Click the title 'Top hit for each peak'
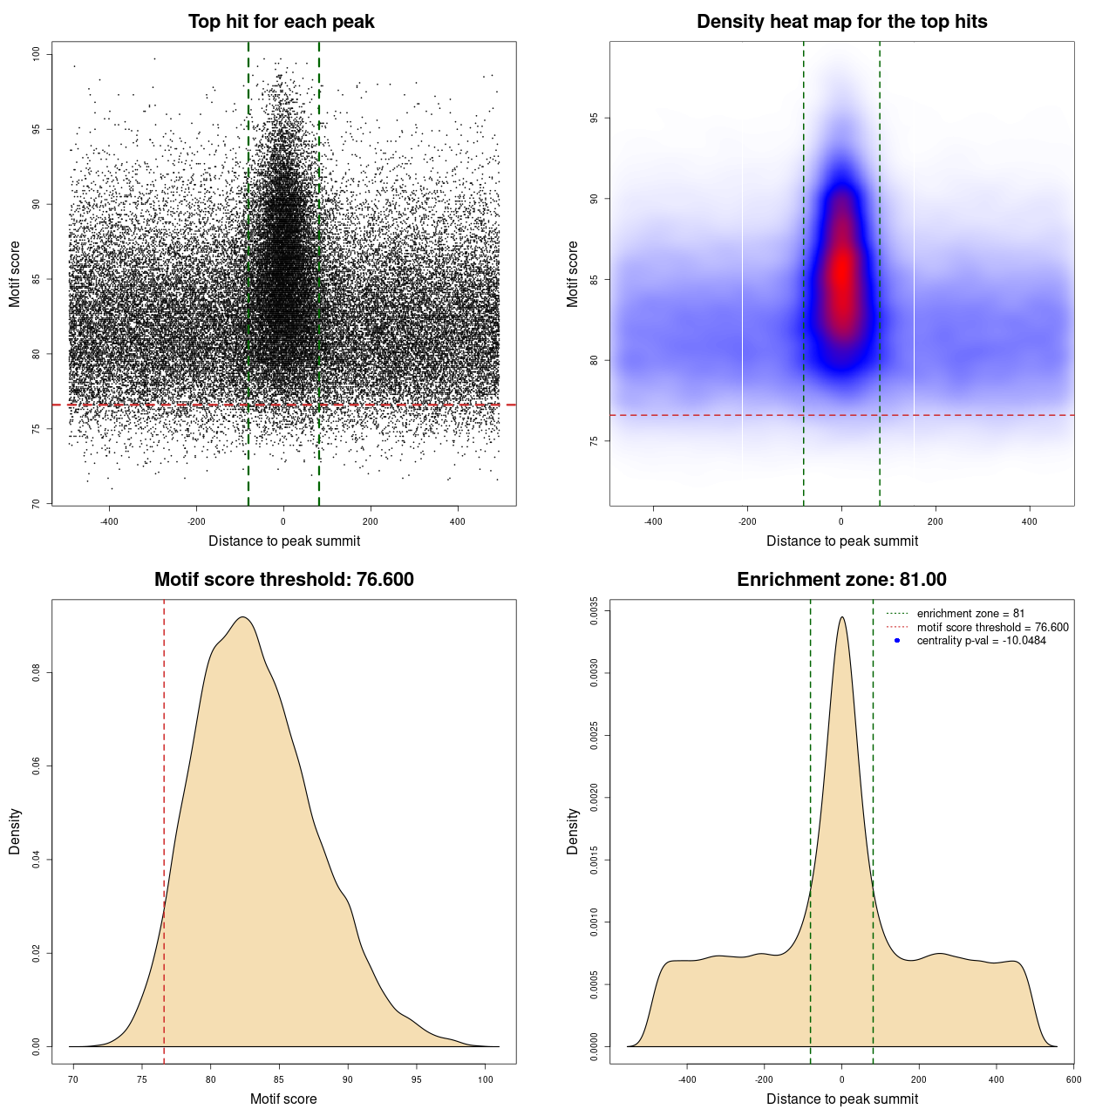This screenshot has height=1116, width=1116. [281, 22]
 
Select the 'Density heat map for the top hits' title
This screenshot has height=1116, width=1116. [841, 22]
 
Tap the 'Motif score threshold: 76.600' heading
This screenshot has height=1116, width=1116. [283, 580]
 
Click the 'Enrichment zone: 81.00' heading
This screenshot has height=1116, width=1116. [841, 580]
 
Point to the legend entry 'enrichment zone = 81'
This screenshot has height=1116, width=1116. [970, 614]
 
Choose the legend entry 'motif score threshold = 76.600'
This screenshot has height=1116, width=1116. [992, 628]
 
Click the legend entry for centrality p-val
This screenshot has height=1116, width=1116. [981, 641]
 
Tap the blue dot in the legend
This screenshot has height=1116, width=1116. [897, 641]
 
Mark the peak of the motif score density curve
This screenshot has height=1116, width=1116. [243, 617]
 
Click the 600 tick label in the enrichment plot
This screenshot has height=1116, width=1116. [1073, 1079]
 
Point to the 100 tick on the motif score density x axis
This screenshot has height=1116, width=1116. [486, 1079]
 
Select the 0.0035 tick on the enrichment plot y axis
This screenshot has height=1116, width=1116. [594, 611]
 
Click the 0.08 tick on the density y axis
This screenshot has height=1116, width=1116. [36, 673]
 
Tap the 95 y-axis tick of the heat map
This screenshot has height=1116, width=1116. [594, 118]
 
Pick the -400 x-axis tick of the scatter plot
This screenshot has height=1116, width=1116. [109, 521]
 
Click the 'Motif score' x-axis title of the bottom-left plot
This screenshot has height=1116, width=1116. [283, 1099]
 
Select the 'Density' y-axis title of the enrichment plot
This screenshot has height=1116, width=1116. [573, 831]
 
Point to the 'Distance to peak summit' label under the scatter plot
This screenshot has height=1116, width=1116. [284, 541]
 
